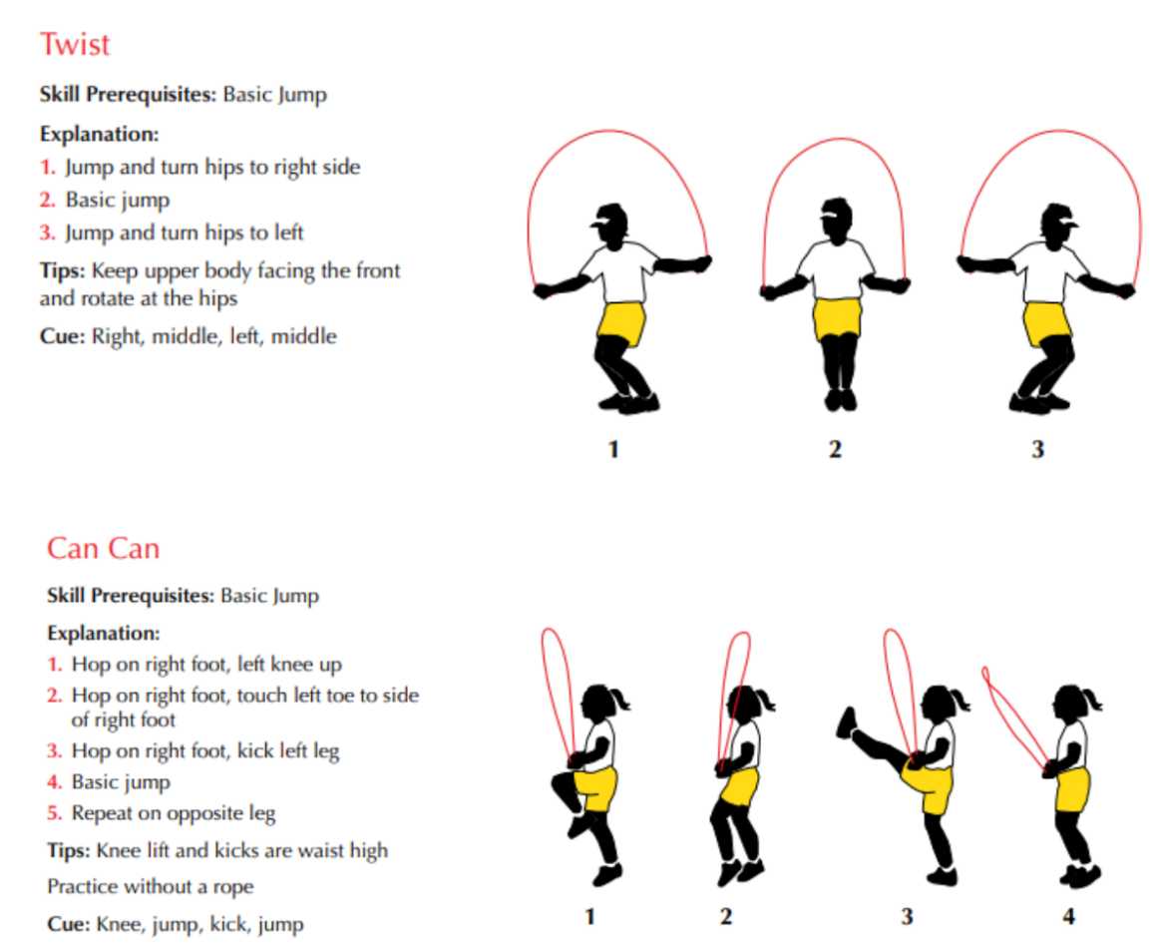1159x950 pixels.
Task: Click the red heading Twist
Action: (x=75, y=44)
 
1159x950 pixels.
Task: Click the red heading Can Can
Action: (x=104, y=549)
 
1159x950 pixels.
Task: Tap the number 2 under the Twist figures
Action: (x=835, y=449)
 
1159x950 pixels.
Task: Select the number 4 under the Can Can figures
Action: (x=1068, y=917)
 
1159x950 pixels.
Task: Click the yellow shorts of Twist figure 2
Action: (x=837, y=318)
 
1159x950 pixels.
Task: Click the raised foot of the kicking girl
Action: (x=847, y=723)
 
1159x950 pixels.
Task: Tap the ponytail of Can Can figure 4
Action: (x=1092, y=699)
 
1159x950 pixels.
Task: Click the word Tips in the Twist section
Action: (x=63, y=270)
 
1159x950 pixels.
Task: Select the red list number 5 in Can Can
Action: (x=54, y=813)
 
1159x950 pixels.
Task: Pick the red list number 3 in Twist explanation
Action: (x=47, y=233)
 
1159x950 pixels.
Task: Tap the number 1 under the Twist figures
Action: (x=612, y=449)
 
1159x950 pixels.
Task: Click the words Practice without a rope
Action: (x=150, y=886)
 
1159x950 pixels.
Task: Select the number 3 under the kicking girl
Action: (x=907, y=917)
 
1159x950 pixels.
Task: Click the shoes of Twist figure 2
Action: (x=841, y=400)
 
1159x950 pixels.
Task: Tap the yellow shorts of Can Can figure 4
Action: (x=1072, y=789)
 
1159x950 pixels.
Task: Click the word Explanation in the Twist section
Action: (x=99, y=135)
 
